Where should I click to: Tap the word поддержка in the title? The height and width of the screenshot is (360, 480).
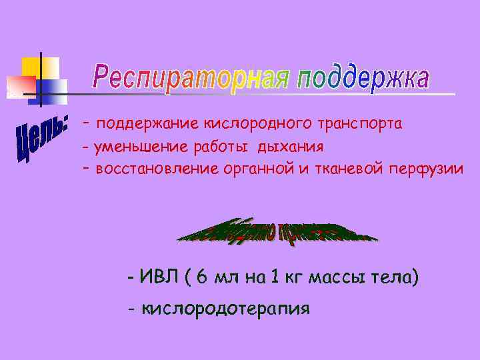(363, 79)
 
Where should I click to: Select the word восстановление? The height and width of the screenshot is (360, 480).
(152, 169)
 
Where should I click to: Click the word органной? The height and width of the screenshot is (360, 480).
(254, 169)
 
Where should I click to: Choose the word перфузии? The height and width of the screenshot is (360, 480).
(427, 169)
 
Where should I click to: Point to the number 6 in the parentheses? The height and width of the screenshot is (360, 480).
(202, 277)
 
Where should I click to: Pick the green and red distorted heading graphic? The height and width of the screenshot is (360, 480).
(277, 233)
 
